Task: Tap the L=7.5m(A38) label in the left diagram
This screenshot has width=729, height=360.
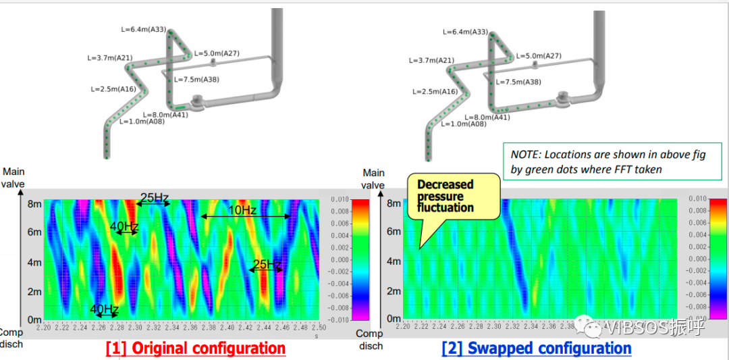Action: pos(196,80)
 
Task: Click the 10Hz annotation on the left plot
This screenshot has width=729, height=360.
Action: pos(242,211)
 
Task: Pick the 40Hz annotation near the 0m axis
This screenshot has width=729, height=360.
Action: pos(105,309)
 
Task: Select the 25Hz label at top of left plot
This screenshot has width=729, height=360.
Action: pos(155,198)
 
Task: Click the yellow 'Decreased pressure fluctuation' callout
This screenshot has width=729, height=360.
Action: pos(446,196)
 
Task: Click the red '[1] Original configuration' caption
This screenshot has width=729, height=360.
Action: pos(196,349)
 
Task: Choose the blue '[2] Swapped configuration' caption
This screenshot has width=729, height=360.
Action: pos(537,349)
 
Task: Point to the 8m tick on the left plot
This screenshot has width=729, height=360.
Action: pos(34,203)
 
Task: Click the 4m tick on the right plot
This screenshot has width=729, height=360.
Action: pos(394,261)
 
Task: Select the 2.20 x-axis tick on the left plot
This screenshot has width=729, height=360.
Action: pos(45,327)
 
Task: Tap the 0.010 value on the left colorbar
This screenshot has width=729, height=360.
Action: pos(342,200)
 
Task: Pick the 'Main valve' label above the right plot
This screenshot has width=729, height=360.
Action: pos(373,179)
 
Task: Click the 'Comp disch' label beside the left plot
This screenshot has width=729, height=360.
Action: pos(11,338)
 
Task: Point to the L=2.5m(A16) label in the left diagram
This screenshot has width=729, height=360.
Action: pos(114,89)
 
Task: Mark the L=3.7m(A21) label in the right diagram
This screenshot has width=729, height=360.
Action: pos(433,60)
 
